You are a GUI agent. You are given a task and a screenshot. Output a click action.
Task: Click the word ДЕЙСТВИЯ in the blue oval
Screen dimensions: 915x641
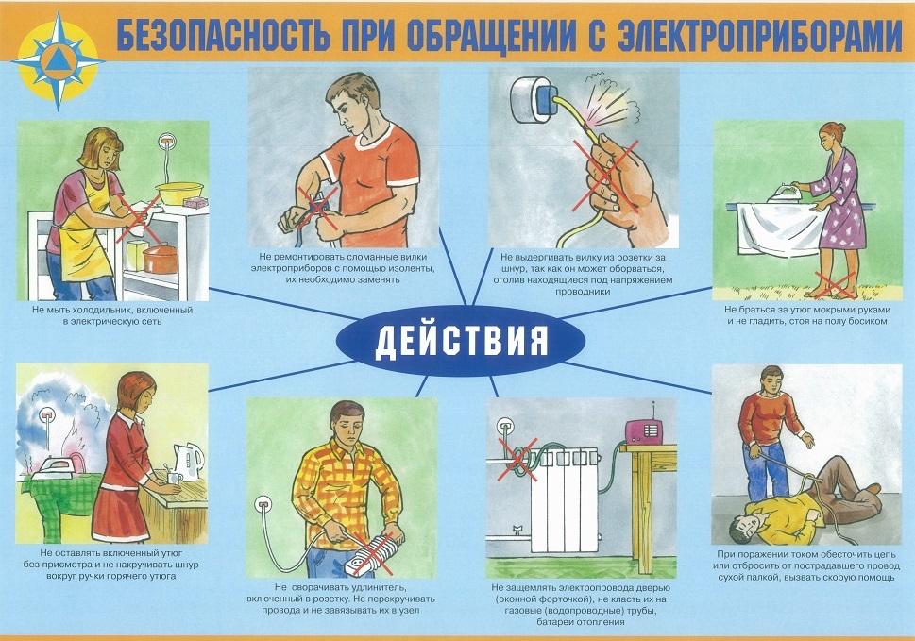coord(461,340)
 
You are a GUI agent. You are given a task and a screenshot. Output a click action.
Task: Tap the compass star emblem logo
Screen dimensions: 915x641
coord(58,61)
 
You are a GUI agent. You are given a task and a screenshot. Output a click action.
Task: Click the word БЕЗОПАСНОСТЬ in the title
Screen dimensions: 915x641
coord(222,36)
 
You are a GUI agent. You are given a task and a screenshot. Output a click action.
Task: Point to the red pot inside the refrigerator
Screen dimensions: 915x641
coord(160,259)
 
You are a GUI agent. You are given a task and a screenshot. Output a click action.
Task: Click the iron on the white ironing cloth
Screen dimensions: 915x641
coord(786,192)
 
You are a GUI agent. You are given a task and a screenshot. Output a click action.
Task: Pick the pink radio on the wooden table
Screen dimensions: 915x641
coord(644,432)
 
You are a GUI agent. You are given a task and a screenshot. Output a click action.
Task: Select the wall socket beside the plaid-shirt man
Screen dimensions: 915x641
coord(263,502)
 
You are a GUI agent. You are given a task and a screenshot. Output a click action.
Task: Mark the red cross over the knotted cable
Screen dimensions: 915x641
coord(517,461)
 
